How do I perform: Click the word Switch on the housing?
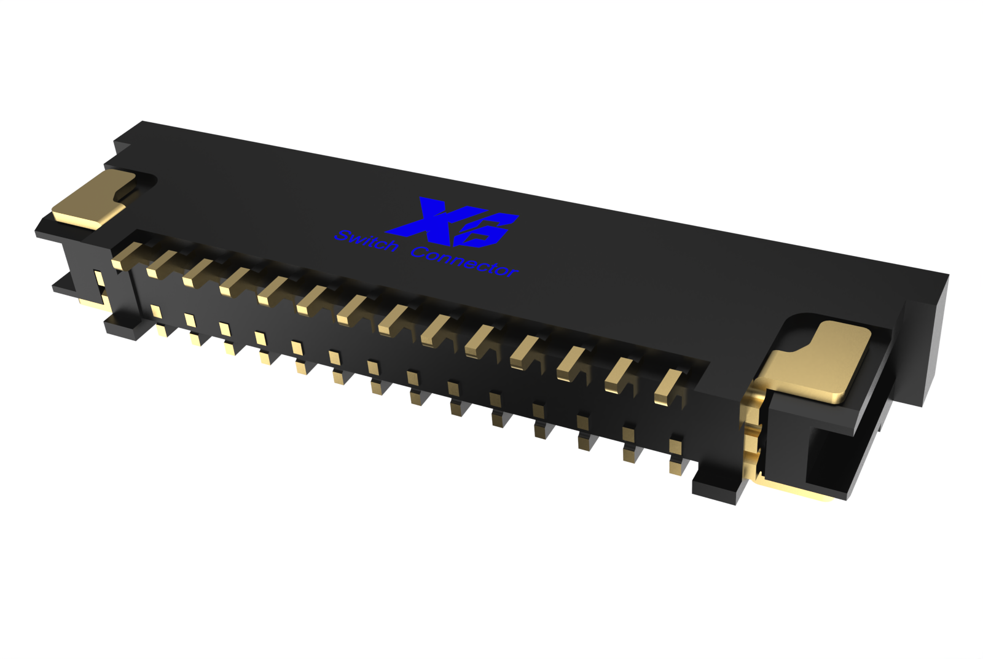366,241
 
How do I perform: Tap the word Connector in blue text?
464,262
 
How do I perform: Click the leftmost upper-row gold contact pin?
126,255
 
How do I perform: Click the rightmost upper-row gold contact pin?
668,386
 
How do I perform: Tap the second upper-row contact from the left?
162,263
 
